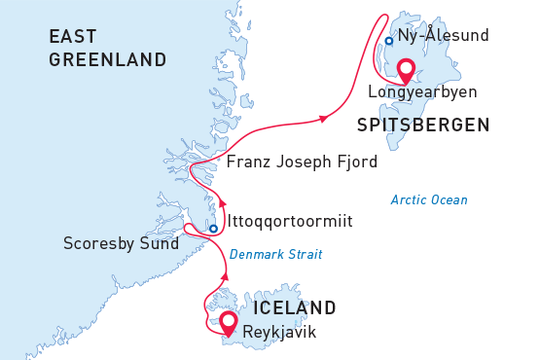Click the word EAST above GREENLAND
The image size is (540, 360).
[x=73, y=37]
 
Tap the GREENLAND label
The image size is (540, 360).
[x=107, y=60]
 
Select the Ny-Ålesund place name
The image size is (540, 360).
[x=443, y=37]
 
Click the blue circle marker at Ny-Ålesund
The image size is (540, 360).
[x=388, y=41]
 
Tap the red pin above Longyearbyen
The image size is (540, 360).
[x=406, y=71]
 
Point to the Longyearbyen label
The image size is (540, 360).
[x=422, y=92]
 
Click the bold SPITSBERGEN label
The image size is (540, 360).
[x=422, y=125]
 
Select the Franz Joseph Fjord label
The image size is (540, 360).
[x=302, y=162]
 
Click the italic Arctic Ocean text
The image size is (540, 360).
[x=429, y=199]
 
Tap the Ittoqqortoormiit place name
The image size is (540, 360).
[x=289, y=222]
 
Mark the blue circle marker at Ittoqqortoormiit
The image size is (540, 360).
[x=213, y=230]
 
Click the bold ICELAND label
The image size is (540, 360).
[x=294, y=308]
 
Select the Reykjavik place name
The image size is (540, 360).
[x=279, y=332]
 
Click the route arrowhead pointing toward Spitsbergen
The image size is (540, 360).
[x=321, y=119]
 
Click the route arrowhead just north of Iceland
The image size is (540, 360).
[x=225, y=277]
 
